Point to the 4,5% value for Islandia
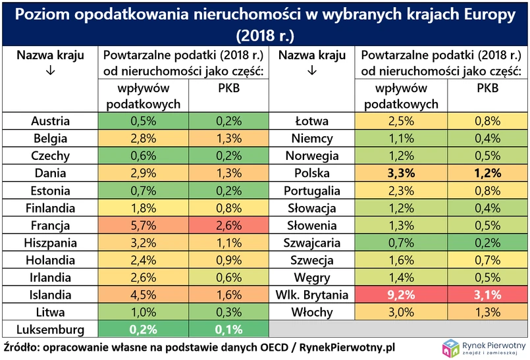pos(142,295)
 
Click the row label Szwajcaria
pos(312,243)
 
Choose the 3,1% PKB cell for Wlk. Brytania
pos(488,295)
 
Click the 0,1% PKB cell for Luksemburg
pos(229,330)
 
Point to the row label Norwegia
pos(312,156)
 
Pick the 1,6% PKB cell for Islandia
pos(229,295)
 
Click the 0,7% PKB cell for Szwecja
pos(488,260)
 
